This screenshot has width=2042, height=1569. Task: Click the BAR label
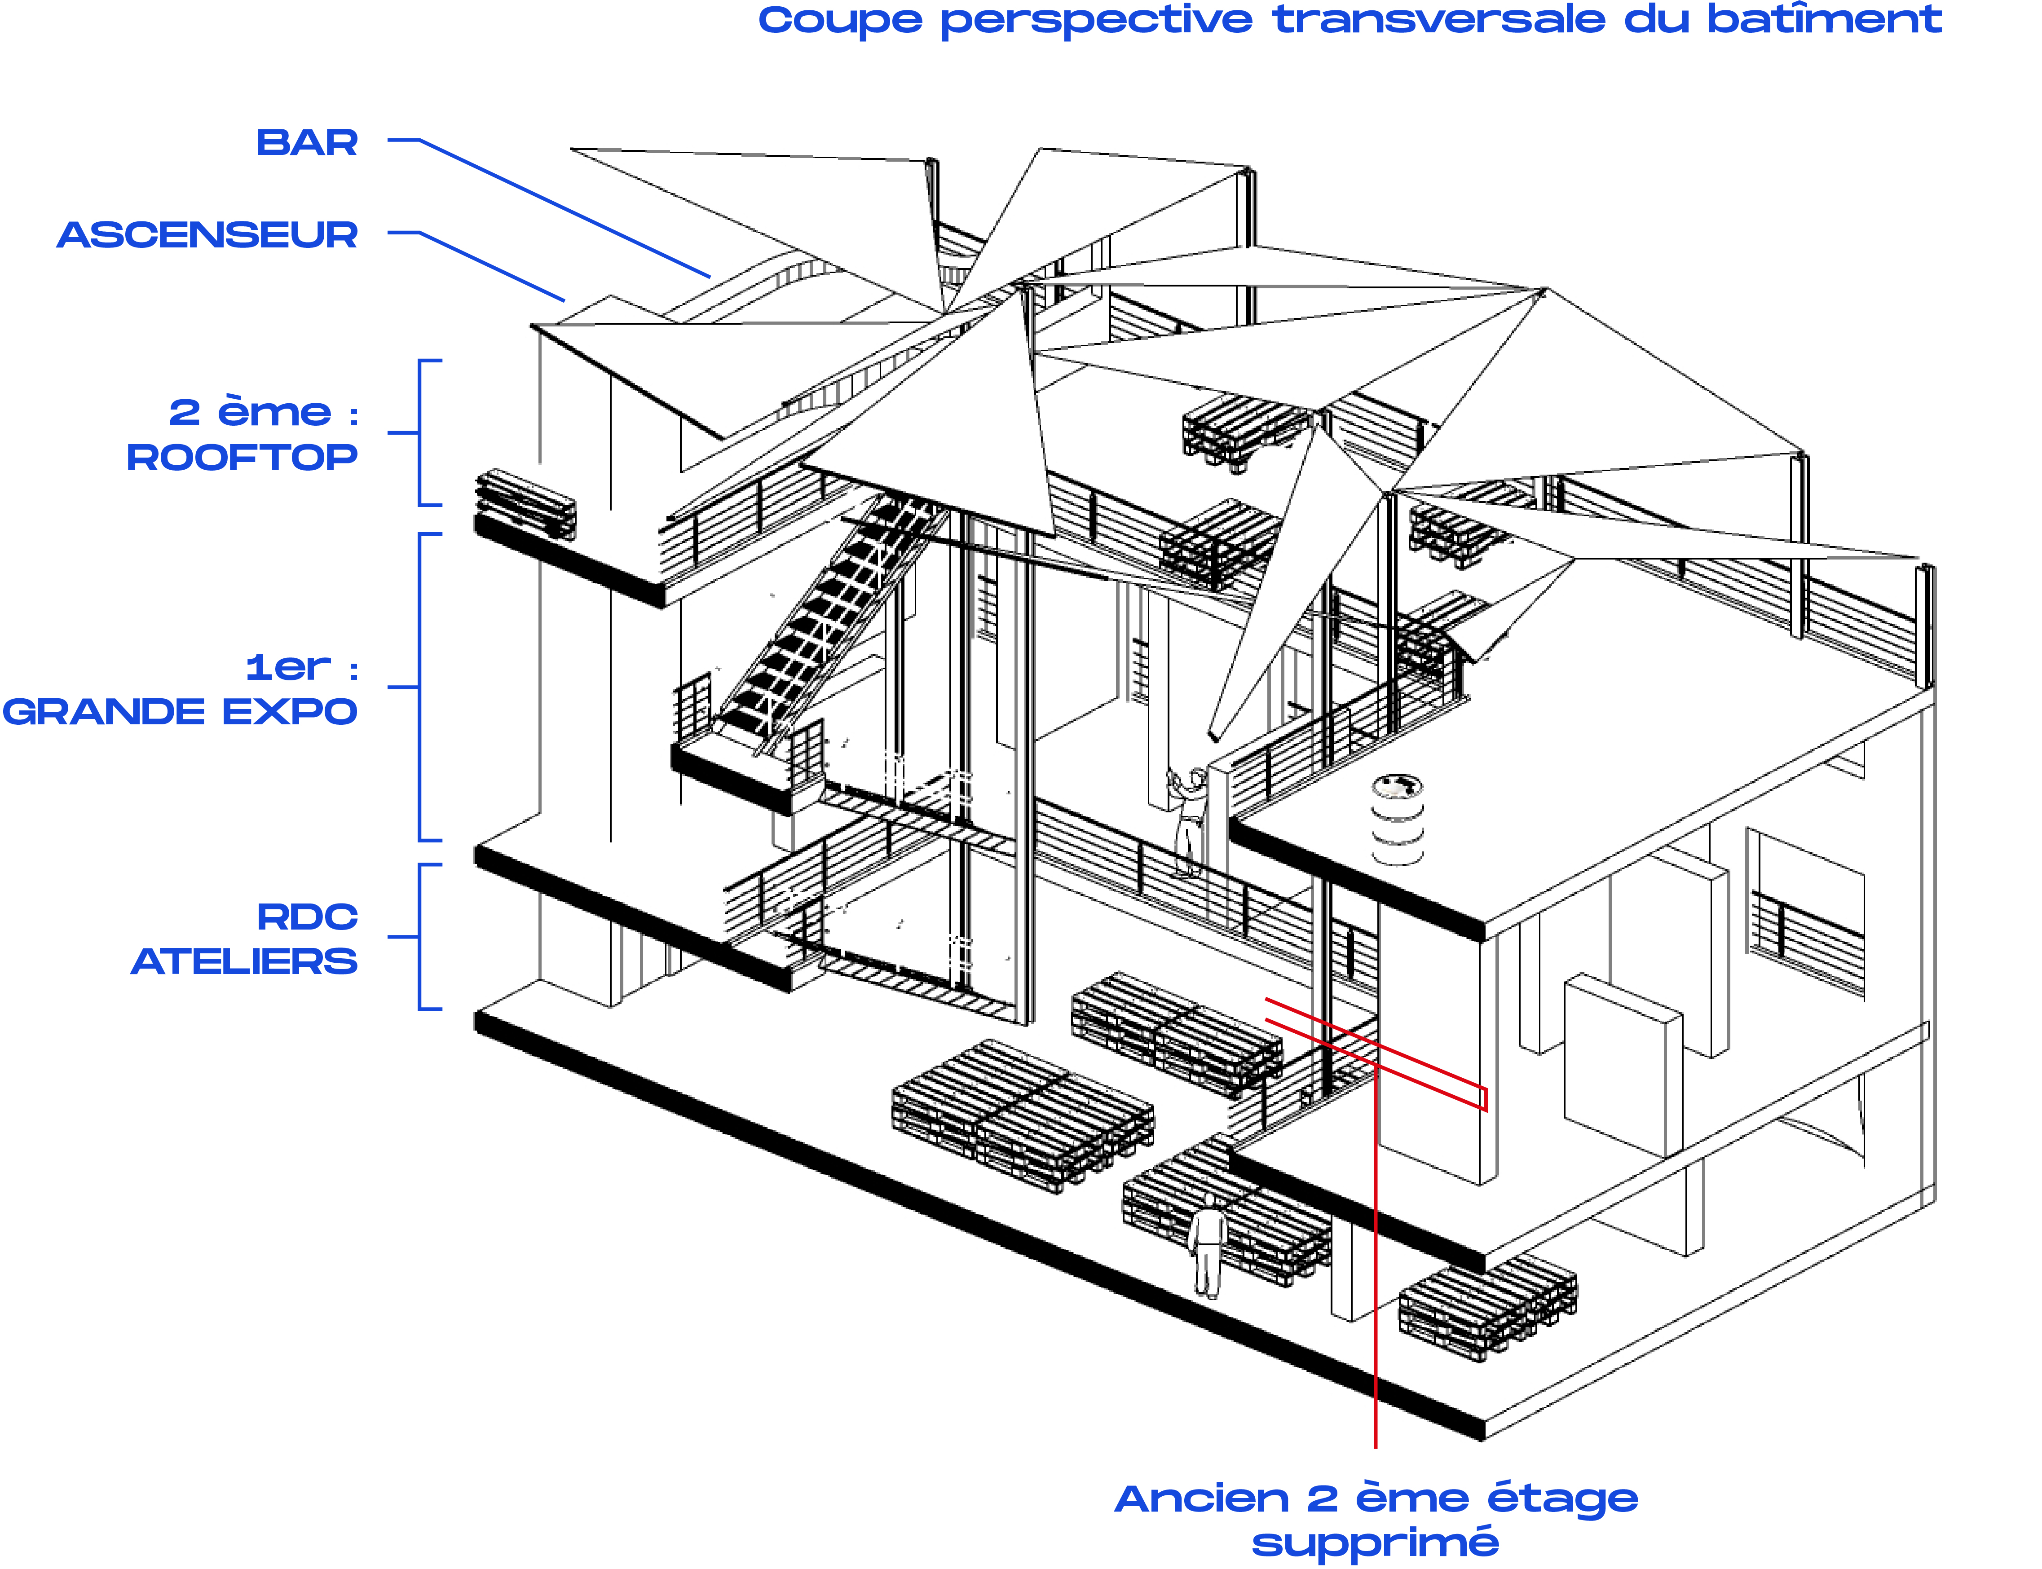306,143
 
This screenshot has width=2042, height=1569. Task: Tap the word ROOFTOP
242,458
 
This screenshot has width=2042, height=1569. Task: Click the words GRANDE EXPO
179,712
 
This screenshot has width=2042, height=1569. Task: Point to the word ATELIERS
244,961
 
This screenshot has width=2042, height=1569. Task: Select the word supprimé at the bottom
1375,1543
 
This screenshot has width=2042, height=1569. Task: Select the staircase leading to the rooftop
822,617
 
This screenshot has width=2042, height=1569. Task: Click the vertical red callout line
1375,1308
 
